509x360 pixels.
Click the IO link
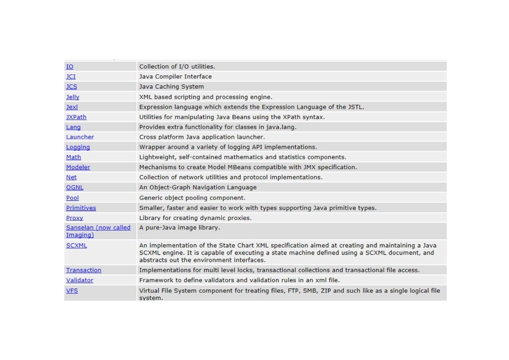point(70,67)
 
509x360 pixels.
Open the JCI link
point(71,77)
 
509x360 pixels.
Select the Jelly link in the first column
point(73,97)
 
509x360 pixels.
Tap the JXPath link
point(76,117)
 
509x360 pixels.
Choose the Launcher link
point(80,137)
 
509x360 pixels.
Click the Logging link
point(78,147)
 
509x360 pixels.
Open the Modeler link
point(78,167)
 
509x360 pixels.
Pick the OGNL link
point(75,187)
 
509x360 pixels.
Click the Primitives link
point(81,208)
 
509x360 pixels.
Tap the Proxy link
point(75,218)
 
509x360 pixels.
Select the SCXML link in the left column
point(77,245)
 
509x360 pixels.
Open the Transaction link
point(84,270)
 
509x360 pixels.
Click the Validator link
point(80,280)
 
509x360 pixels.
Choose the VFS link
point(72,291)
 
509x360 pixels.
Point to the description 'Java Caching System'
point(171,87)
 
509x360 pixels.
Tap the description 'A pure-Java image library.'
point(179,227)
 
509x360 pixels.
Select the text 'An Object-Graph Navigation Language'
point(198,187)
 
